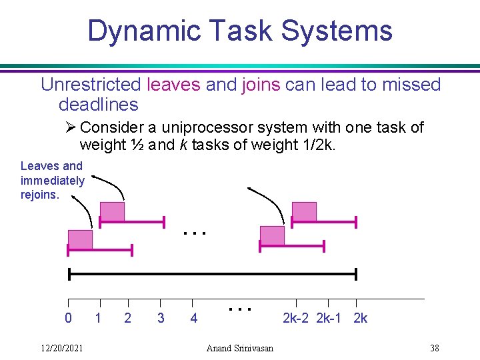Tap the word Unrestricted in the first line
(91, 85)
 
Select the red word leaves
(173, 85)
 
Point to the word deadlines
(99, 104)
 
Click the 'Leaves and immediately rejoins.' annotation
(52, 180)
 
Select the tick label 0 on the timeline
(68, 318)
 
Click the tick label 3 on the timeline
(161, 318)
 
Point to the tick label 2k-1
(329, 318)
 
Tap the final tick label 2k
(360, 318)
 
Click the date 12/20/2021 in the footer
(61, 348)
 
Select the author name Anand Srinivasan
(240, 348)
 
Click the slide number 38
(435, 348)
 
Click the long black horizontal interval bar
(213, 274)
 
